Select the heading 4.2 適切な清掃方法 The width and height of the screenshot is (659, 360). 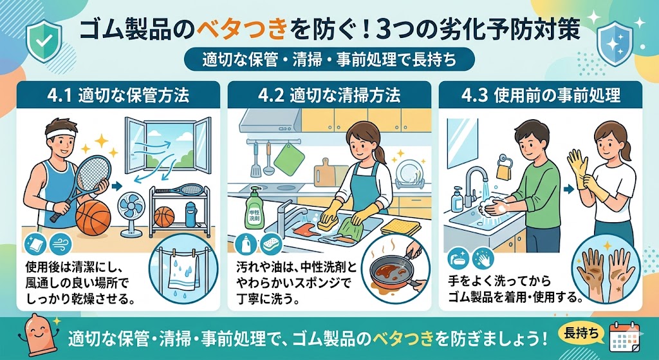(329, 97)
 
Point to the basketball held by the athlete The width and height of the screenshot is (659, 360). (94, 216)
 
